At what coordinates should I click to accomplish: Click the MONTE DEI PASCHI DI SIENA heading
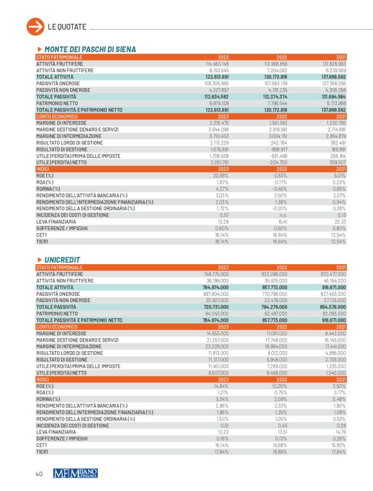[x=89, y=50]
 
